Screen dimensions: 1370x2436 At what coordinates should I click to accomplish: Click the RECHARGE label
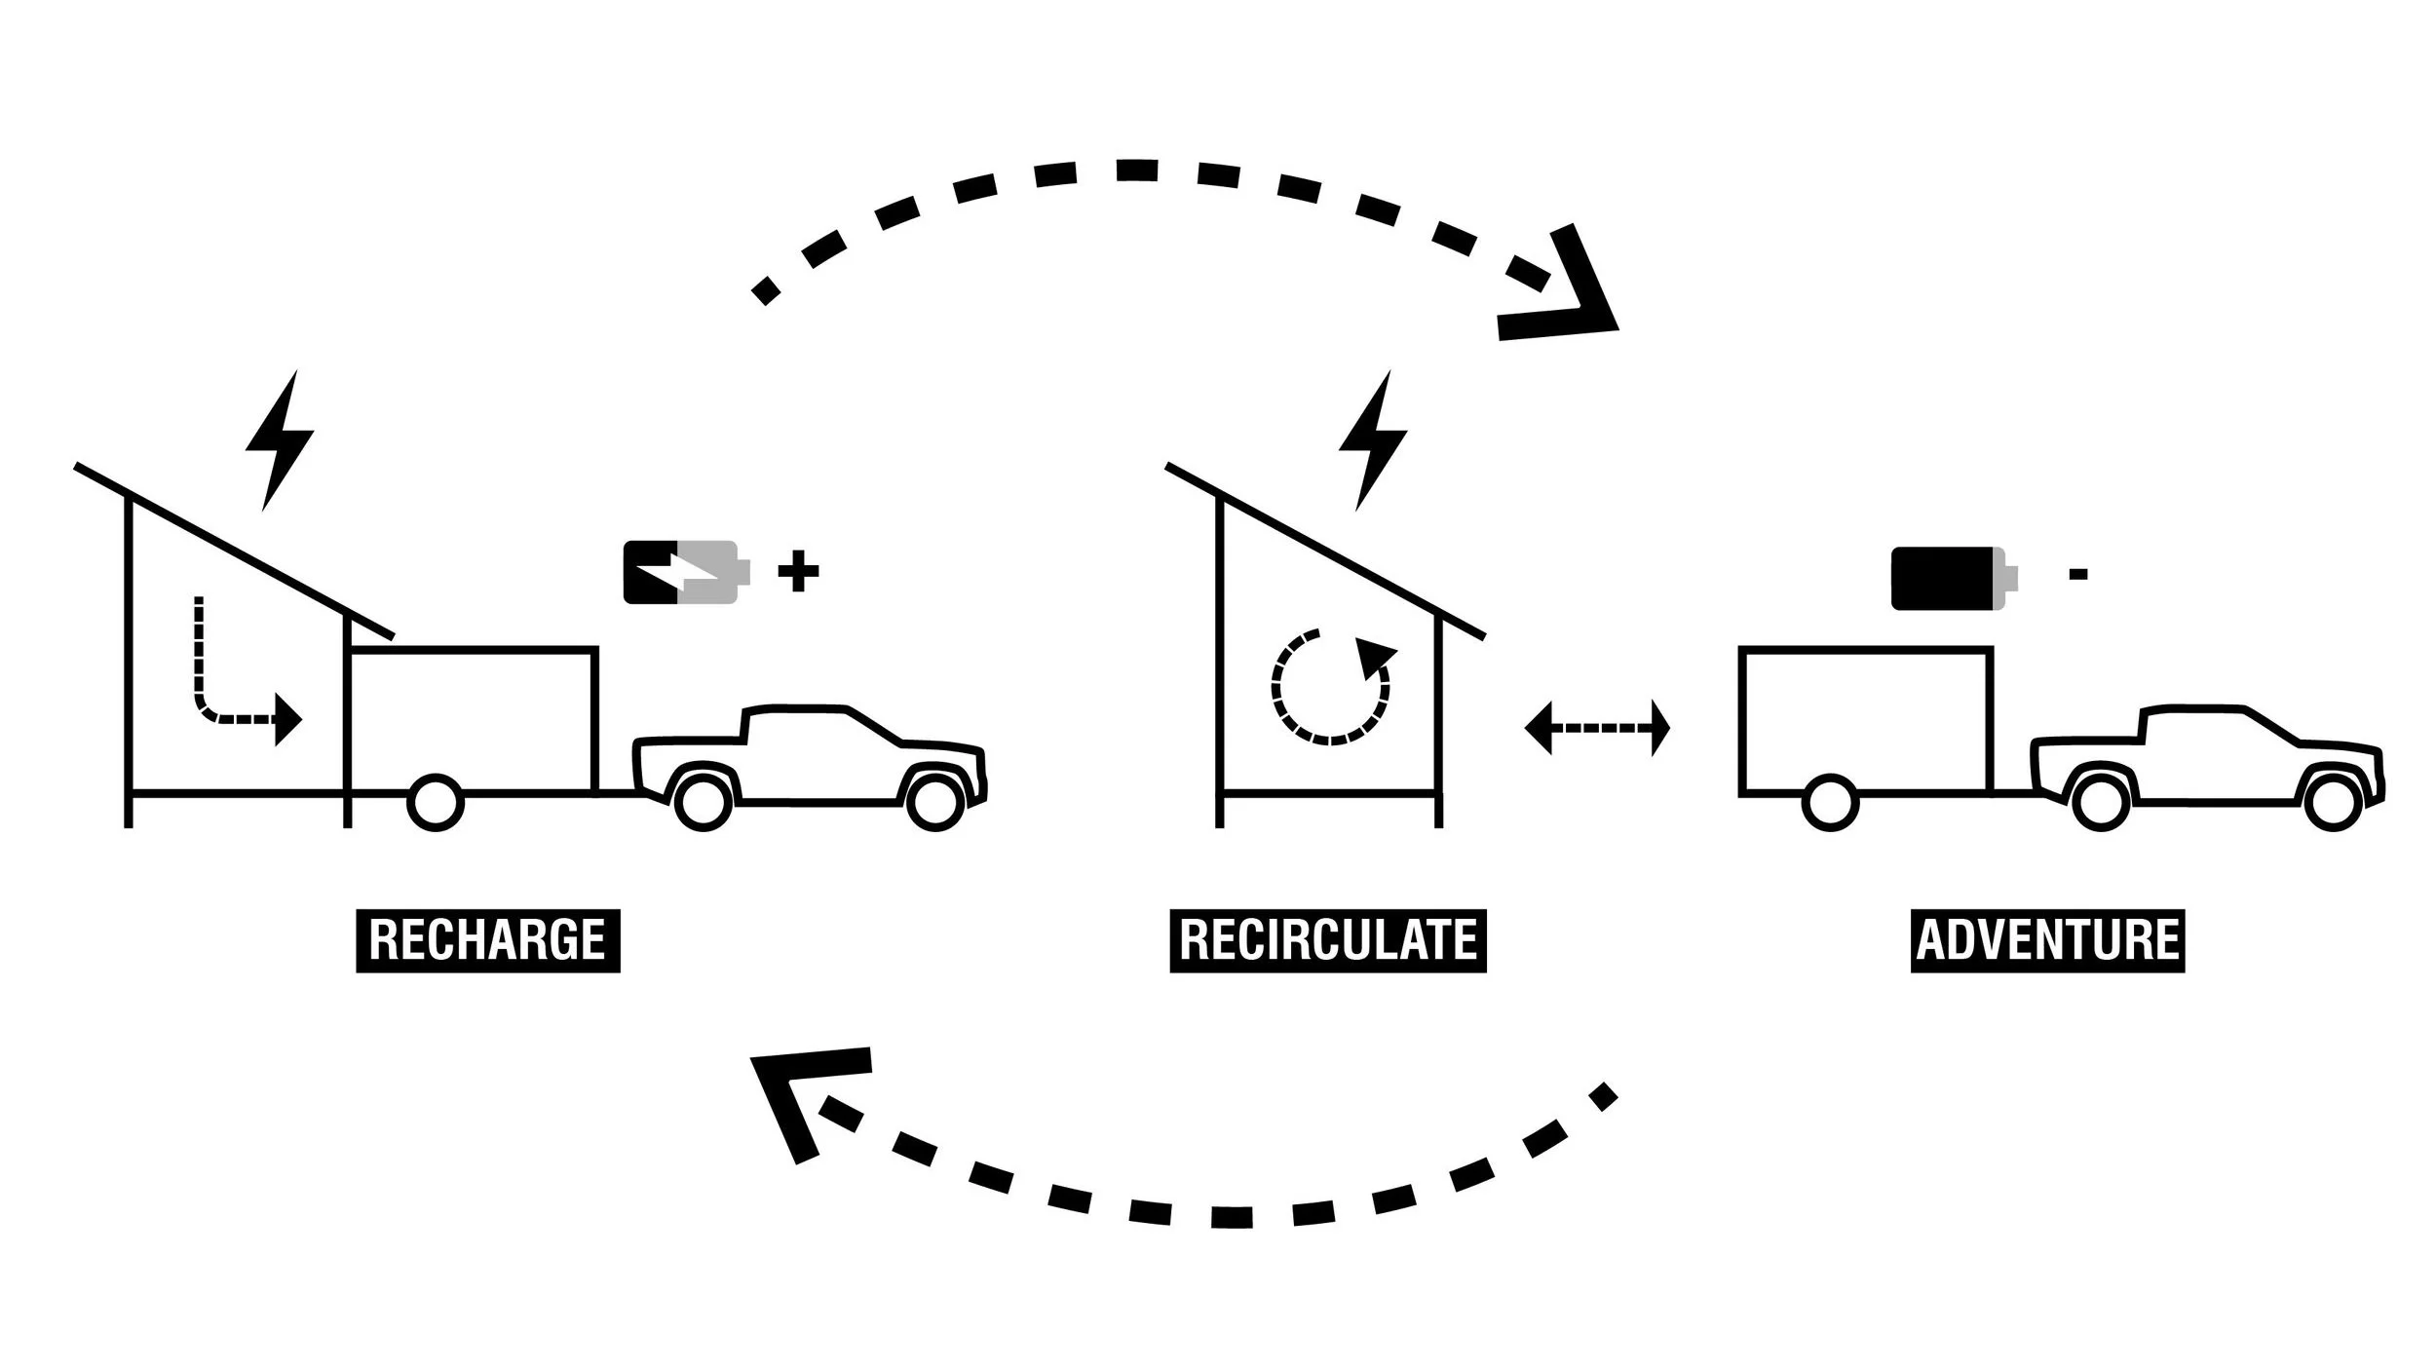(487, 940)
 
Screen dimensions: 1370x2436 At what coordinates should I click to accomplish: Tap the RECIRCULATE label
(1327, 940)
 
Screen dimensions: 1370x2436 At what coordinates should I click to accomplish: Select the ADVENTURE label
(2047, 940)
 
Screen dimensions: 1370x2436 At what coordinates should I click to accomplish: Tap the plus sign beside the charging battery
(798, 572)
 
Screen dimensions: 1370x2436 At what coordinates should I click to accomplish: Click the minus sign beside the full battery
(2077, 575)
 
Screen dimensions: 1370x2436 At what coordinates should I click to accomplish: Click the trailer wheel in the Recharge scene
(435, 802)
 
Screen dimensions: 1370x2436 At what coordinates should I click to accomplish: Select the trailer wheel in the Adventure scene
(1831, 802)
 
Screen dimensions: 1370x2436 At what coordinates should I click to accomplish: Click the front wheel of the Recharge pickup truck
(935, 801)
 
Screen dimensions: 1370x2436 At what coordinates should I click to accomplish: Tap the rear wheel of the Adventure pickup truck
(2100, 801)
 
